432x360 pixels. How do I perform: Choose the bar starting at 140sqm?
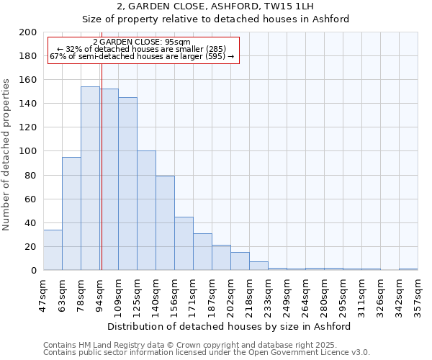pos(165,223)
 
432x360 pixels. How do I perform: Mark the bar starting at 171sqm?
pos(202,252)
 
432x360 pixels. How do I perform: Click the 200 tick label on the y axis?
pos(28,32)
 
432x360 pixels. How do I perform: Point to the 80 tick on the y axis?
pos(30,175)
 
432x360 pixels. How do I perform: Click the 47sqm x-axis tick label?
pos(44,294)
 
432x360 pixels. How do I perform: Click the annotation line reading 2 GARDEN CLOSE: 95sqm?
pos(141,42)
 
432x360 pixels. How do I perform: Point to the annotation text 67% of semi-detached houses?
pos(141,56)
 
